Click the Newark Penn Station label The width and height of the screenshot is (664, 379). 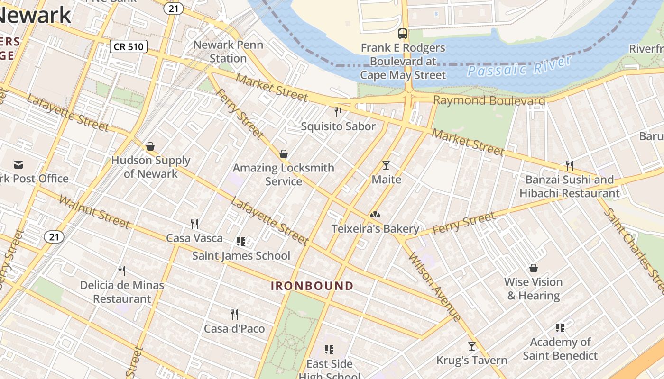tap(228, 52)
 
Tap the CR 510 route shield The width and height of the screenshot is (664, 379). tap(129, 46)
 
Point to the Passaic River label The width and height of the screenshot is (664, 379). tap(519, 67)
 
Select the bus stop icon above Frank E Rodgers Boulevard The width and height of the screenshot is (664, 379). tap(402, 34)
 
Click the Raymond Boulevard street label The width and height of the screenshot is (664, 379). tap(489, 100)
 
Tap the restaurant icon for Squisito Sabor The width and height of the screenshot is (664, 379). tap(338, 112)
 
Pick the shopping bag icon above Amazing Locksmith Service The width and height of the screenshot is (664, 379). tap(284, 154)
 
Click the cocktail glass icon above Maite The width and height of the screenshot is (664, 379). tap(386, 165)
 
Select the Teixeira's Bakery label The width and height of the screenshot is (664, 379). tap(375, 229)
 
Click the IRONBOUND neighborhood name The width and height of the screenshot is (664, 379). tap(312, 286)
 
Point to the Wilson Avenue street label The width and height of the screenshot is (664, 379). tap(434, 288)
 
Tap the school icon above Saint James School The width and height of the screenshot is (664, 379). tap(241, 242)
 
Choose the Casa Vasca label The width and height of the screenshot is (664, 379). tap(194, 238)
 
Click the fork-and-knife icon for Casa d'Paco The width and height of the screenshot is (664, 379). tap(234, 314)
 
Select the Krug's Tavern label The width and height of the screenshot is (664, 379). tap(471, 361)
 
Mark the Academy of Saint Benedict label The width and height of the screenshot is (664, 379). tap(560, 349)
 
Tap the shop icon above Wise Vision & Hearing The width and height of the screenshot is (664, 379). tap(534, 268)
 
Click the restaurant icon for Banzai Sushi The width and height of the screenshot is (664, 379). tap(569, 166)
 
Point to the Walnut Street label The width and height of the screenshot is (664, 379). tap(94, 211)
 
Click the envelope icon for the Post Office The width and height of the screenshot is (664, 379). tap(18, 165)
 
